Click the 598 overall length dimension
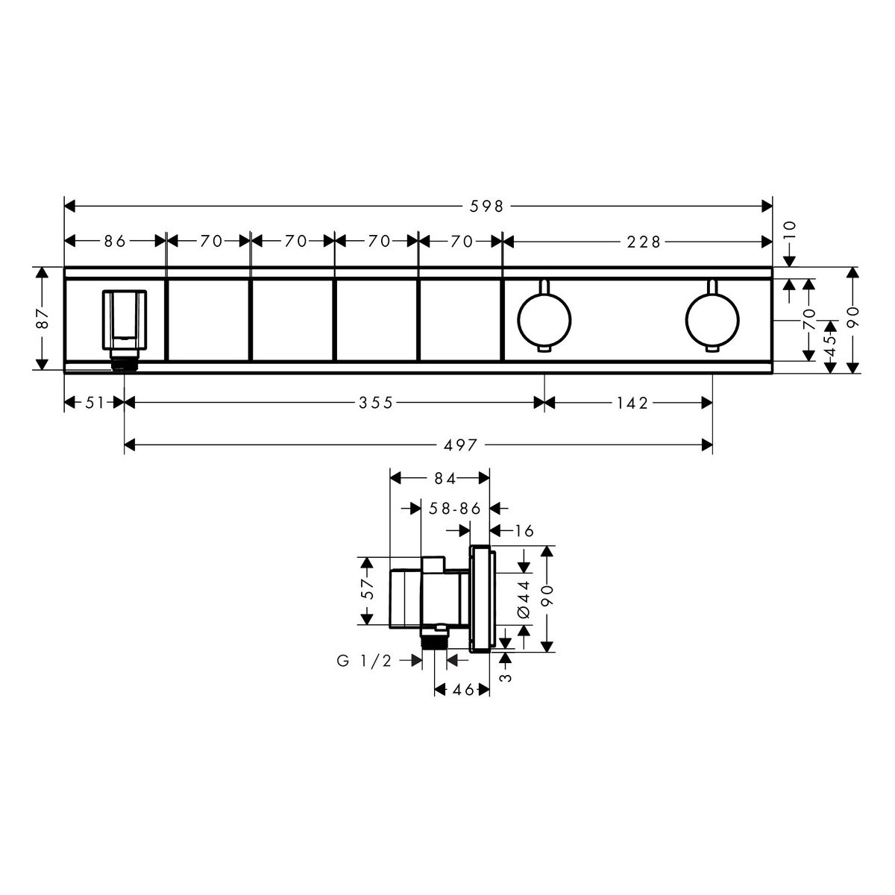coord(486,206)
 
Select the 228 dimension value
coord(643,242)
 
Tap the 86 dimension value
coord(115,241)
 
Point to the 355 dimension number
coord(376,402)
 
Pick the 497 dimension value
coord(460,445)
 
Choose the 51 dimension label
coord(94,402)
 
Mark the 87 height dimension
coord(43,318)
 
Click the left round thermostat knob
coord(544,319)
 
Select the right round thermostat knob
coord(712,319)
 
